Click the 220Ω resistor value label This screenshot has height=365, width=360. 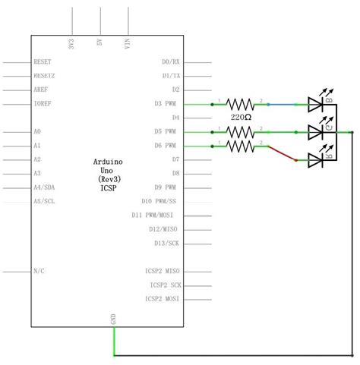242,118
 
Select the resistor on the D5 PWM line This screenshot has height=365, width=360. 242,131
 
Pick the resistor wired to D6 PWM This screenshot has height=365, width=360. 242,144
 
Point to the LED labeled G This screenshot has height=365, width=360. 318,131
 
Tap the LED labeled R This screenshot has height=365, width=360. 318,159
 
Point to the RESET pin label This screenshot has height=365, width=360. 43,61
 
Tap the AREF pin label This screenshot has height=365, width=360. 41,89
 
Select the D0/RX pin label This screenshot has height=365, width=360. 171,61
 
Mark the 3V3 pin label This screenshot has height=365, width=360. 72,43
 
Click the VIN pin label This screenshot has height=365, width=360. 128,43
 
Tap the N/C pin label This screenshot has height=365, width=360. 39,271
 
